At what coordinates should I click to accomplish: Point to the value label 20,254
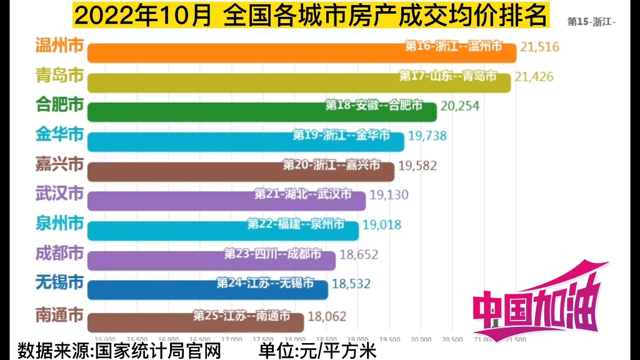tap(460, 106)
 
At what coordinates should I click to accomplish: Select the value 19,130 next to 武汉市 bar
tap(389, 195)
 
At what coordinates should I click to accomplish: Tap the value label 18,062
tap(326, 317)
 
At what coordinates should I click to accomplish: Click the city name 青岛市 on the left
tap(60, 76)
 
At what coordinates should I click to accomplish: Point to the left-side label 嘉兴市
tap(60, 165)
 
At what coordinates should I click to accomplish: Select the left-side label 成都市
tap(60, 253)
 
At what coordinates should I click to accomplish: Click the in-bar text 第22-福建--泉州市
tap(296, 224)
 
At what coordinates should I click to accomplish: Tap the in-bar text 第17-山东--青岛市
tap(448, 76)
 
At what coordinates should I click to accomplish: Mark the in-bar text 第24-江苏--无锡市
tap(265, 283)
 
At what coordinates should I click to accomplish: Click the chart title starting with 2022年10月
tap(311, 15)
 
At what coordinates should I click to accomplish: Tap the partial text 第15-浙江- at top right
tap(591, 21)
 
